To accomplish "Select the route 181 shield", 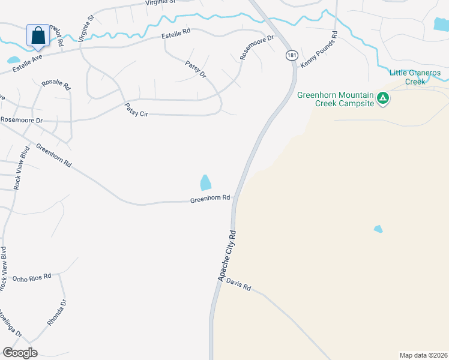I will coord(291,55).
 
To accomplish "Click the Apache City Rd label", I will coord(228,256).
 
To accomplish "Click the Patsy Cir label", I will coord(136,110).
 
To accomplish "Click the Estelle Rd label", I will coord(176,37).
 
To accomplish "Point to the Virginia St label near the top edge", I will coord(160,2).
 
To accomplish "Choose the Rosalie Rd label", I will coord(56,84).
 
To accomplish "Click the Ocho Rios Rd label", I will coord(32,278).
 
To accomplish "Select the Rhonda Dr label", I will coord(58,313).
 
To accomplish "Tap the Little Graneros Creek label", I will coord(415,77).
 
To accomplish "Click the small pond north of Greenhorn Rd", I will coord(205,182).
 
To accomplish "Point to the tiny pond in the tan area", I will coord(378,229).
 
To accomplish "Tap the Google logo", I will coord(20,353).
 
